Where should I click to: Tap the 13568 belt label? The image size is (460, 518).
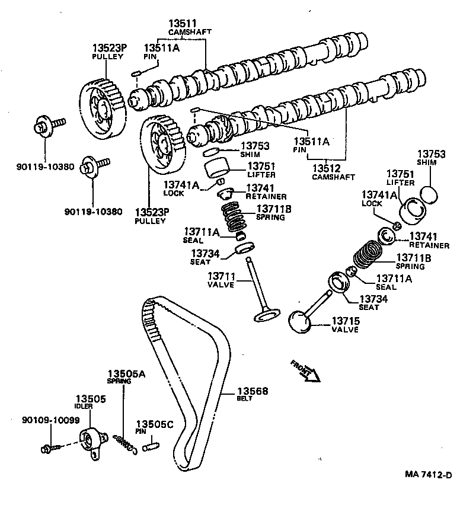pyautogui.click(x=253, y=391)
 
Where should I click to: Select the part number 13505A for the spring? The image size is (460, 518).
pyautogui.click(x=126, y=373)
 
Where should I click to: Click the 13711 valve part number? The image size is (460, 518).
pyautogui.click(x=222, y=277)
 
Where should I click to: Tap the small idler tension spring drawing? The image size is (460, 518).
pyautogui.click(x=124, y=442)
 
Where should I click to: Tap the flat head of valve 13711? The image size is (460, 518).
pyautogui.click(x=266, y=316)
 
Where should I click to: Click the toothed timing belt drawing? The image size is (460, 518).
pyautogui.click(x=187, y=379)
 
